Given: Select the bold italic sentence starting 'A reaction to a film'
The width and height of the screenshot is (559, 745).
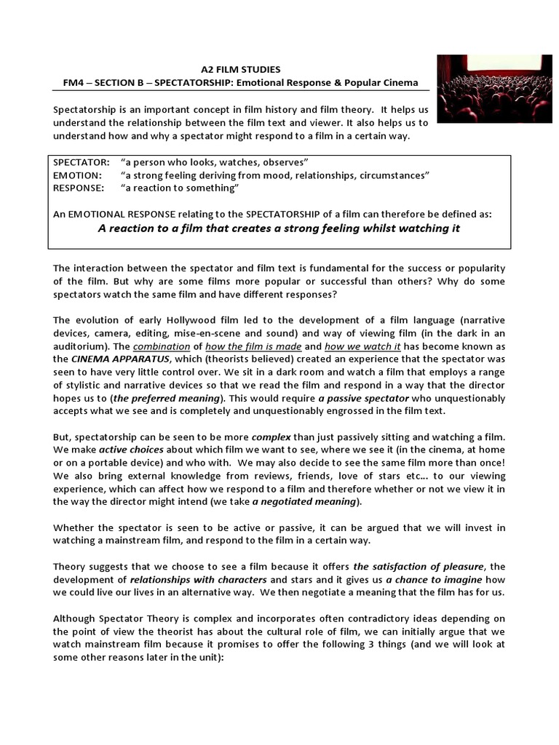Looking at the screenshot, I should point(279,228).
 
